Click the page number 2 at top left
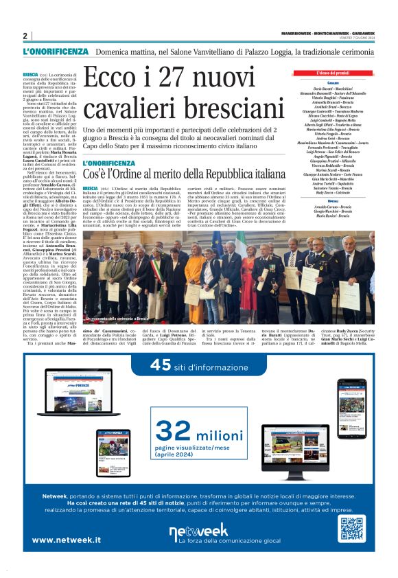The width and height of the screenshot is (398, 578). point(25,36)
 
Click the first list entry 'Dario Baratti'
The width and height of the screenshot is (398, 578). point(333,89)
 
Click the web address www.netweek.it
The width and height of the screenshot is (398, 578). point(66,540)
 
